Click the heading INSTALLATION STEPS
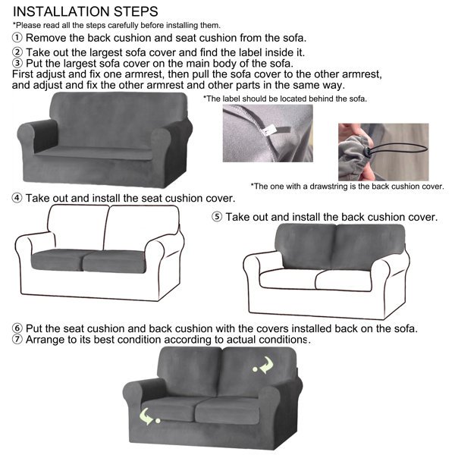pos(86,12)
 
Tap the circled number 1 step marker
pos(17,38)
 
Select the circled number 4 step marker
pos(17,198)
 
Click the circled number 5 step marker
pos(217,217)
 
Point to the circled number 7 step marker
pos(17,339)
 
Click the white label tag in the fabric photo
pos(266,132)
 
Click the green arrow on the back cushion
pos(263,366)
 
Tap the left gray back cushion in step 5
pos(306,246)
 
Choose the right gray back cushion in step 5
pos(369,247)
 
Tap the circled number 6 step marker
pos(17,328)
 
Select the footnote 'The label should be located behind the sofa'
pos(285,99)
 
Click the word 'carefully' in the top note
pos(123,26)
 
